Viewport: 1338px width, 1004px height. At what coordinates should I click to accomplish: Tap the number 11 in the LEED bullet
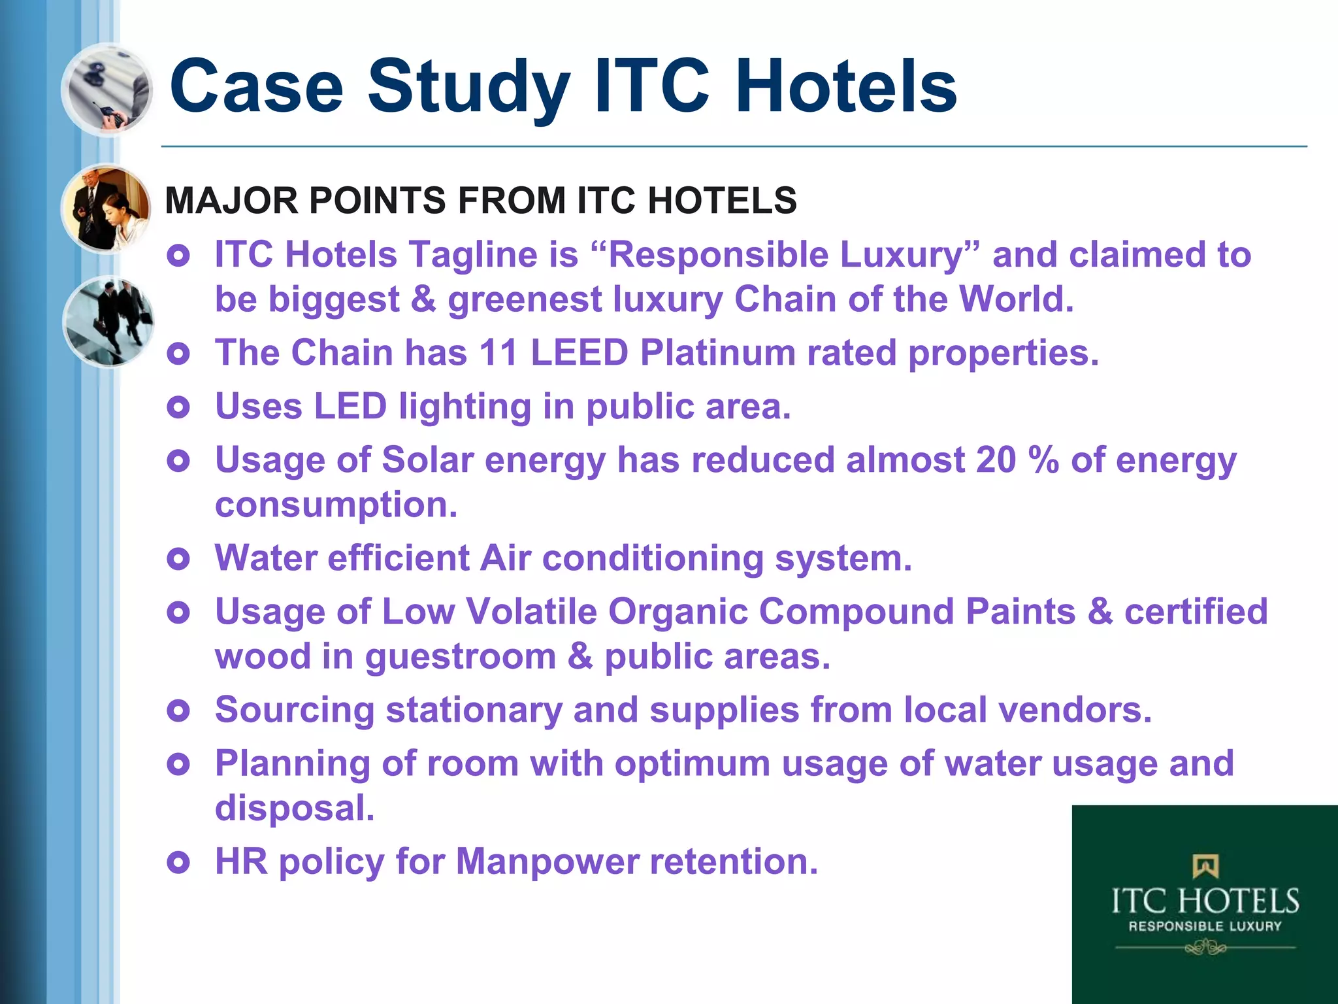pyautogui.click(x=499, y=353)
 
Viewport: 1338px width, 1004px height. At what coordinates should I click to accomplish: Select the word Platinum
pyautogui.click(x=717, y=353)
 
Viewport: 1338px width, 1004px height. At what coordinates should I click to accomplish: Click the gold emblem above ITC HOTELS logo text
pyautogui.click(x=1205, y=866)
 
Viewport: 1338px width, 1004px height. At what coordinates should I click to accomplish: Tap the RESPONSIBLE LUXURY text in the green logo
pyautogui.click(x=1205, y=926)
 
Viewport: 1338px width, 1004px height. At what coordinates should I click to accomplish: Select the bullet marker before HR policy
pyautogui.click(x=178, y=862)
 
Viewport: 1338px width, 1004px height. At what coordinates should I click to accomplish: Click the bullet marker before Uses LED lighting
pyautogui.click(x=178, y=407)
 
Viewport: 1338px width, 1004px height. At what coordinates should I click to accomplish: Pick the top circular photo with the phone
pyautogui.click(x=108, y=90)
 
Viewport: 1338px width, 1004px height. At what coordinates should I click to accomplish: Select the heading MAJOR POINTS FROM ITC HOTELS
pyautogui.click(x=480, y=200)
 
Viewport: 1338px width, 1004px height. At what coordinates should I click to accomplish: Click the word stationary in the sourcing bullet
pyautogui.click(x=474, y=710)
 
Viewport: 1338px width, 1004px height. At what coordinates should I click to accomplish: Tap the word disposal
pyautogui.click(x=295, y=808)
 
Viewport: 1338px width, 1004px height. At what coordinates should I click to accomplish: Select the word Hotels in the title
pyautogui.click(x=845, y=87)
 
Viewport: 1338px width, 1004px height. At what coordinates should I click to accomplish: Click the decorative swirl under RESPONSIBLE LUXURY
pyautogui.click(x=1205, y=946)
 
